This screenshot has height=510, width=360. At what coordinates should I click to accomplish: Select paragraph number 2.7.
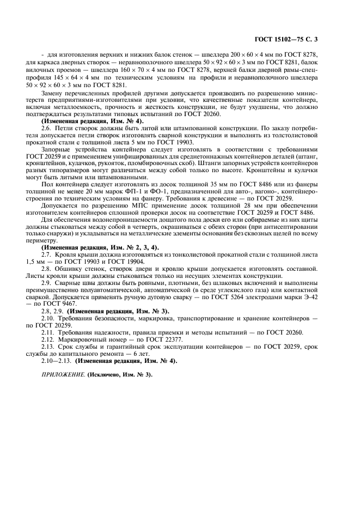[46, 254]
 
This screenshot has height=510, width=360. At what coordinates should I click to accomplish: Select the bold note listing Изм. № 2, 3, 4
[100, 247]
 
